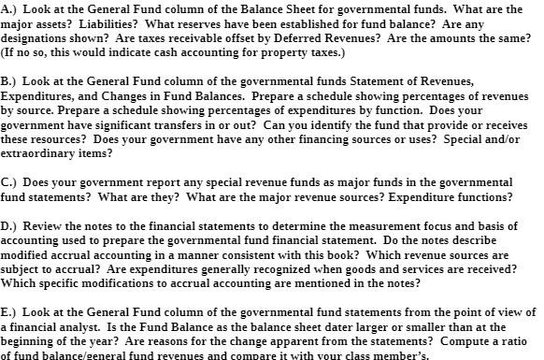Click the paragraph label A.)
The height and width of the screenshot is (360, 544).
pyautogui.click(x=11, y=8)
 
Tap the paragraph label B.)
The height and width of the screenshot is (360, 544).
pyautogui.click(x=11, y=81)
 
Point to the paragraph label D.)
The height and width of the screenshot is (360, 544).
pyautogui.click(x=11, y=226)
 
